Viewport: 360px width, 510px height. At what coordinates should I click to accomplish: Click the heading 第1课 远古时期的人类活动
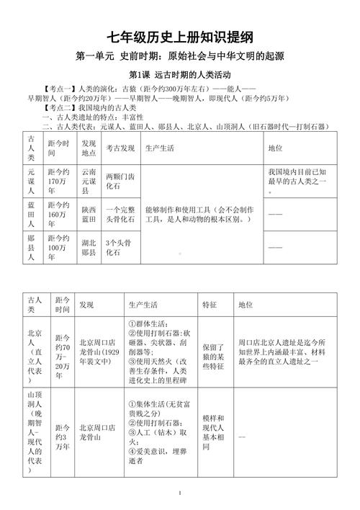coord(180,75)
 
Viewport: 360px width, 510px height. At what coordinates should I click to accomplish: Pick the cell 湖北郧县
coord(90,248)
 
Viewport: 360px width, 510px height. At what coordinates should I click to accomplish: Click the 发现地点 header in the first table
coord(89,148)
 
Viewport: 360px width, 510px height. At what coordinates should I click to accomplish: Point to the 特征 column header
coord(210,305)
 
